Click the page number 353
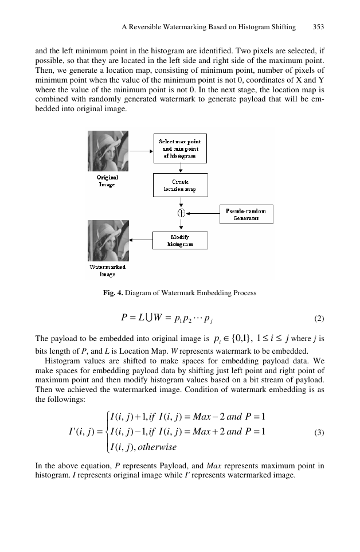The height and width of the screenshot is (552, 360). [x=318, y=27]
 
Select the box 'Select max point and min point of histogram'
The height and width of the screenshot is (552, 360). [x=180, y=148]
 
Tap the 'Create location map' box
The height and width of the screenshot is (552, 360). [x=180, y=185]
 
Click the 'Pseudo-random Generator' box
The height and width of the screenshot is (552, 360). [x=246, y=214]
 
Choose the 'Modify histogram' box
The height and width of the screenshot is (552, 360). [x=180, y=240]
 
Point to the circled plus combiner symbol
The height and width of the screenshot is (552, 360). [x=181, y=213]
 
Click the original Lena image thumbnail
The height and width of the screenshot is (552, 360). [x=108, y=151]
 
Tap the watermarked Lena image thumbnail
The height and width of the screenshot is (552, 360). [x=108, y=241]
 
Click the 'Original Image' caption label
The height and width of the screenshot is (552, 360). [x=107, y=181]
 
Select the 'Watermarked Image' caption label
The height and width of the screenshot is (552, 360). [x=107, y=271]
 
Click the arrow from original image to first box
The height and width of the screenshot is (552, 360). [x=142, y=151]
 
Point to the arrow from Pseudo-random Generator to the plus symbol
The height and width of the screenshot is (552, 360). [x=203, y=213]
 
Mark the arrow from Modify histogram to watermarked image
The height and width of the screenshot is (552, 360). [x=140, y=240]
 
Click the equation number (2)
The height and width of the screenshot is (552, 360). [x=319, y=319]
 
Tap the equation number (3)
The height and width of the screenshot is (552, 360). [x=319, y=432]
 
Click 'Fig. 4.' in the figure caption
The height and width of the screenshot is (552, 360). [x=113, y=293]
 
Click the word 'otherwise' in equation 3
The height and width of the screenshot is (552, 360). [x=157, y=447]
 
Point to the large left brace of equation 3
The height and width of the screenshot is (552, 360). [x=107, y=432]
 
